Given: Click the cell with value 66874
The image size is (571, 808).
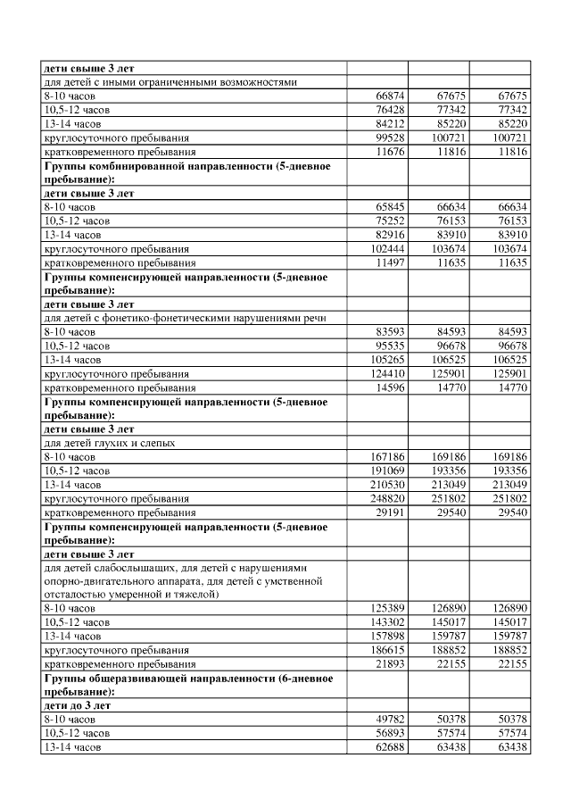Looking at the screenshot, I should tap(387, 96).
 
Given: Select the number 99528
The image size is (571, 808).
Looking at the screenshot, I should tap(387, 138).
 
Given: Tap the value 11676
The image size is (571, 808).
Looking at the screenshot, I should tap(387, 153).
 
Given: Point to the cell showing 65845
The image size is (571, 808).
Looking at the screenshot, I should tap(387, 206).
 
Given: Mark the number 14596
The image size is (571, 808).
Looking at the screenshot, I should tap(387, 387).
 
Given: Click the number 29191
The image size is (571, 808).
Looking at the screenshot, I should tap(387, 513).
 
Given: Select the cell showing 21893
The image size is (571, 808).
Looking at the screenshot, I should tap(387, 664).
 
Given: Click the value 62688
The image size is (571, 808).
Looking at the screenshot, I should tap(387, 747).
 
